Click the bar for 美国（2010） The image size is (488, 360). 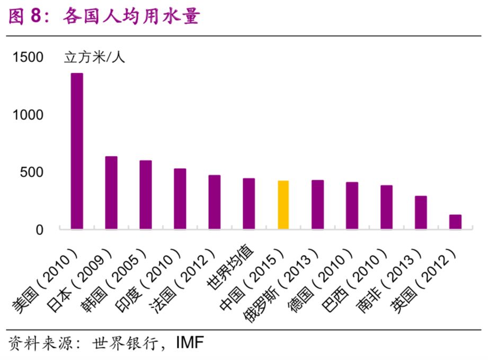pyautogui.click(x=77, y=151)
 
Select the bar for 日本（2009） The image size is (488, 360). pyautogui.click(x=111, y=193)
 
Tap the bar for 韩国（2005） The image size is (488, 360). pyautogui.click(x=146, y=195)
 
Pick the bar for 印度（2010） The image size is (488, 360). pyautogui.click(x=180, y=199)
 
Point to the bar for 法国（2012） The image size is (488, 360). pyautogui.click(x=215, y=202)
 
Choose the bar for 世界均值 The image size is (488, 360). pyautogui.click(x=249, y=204)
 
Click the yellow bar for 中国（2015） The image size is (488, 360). pyautogui.click(x=283, y=205)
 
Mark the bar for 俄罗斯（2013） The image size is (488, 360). pyautogui.click(x=318, y=205)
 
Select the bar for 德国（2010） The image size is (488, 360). pyautogui.click(x=352, y=206)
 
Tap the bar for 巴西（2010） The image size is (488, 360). pyautogui.click(x=387, y=207)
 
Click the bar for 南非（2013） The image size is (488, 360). pyautogui.click(x=421, y=213)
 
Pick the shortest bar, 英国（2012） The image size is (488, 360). pyautogui.click(x=455, y=222)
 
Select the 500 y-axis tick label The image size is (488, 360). pyautogui.click(x=32, y=172)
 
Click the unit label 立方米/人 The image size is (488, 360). pyautogui.click(x=95, y=57)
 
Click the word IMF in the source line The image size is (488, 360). pyautogui.click(x=189, y=343)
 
